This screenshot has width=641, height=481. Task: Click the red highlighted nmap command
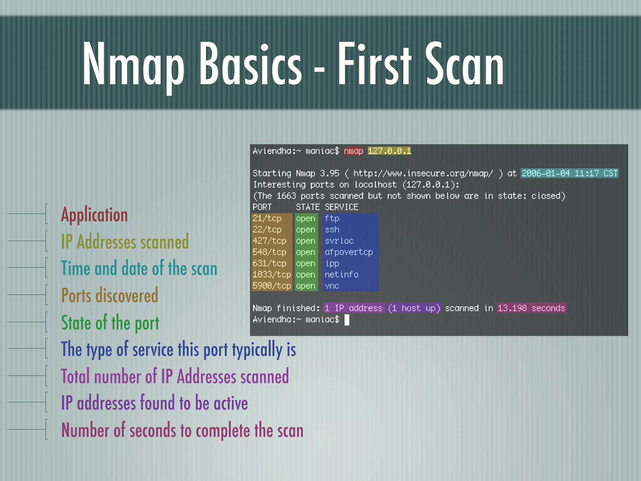[x=353, y=151]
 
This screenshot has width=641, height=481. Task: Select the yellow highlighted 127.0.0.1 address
[x=389, y=151]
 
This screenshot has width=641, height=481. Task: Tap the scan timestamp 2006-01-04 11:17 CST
[x=569, y=173]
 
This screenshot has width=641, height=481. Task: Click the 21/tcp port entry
[x=267, y=218]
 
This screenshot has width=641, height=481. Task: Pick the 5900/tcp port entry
[x=272, y=286]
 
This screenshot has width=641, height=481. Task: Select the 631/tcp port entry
[x=269, y=263]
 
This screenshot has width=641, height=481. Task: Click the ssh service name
[x=332, y=230]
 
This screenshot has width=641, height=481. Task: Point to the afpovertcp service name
[x=349, y=252]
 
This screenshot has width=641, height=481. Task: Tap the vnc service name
[x=332, y=286]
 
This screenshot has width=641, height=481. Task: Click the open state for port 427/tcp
[x=305, y=241]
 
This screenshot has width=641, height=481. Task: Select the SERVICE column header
[x=341, y=207]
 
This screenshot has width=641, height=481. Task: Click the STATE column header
[x=308, y=207]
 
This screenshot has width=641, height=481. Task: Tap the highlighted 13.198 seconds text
[x=531, y=308]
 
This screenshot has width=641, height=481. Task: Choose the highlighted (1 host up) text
[x=414, y=308]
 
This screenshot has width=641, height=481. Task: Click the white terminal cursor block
[x=347, y=320]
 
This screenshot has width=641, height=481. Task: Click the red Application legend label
[x=94, y=215]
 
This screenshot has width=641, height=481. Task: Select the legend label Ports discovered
[x=110, y=295]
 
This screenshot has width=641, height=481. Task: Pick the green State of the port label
[x=110, y=323]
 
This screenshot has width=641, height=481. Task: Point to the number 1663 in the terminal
[x=286, y=196]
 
